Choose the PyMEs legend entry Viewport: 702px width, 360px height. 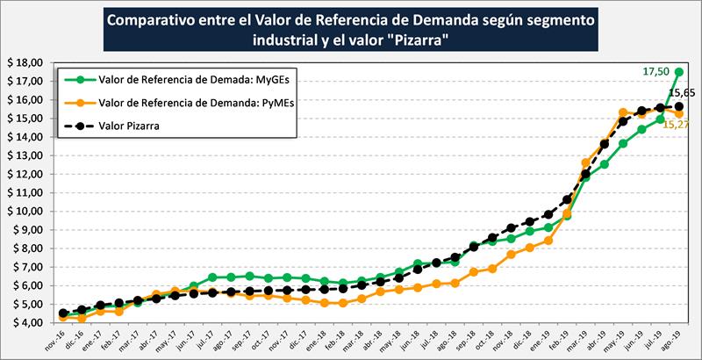pyautogui.click(x=172, y=103)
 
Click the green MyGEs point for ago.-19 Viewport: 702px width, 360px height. pyautogui.click(x=679, y=72)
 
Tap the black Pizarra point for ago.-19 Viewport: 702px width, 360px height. pyautogui.click(x=679, y=106)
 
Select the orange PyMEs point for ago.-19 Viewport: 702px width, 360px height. pyautogui.click(x=679, y=113)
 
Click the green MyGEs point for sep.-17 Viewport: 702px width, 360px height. pyautogui.click(x=249, y=276)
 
